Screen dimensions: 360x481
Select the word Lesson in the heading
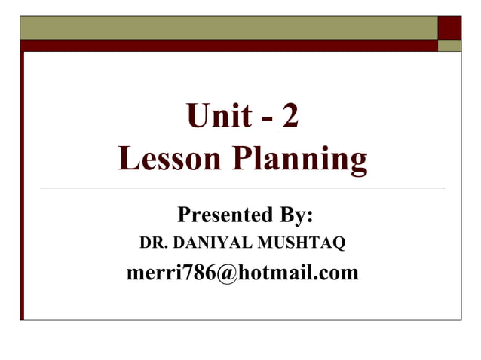tap(167, 159)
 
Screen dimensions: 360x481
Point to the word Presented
tap(219, 216)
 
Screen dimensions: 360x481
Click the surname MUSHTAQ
tap(300, 244)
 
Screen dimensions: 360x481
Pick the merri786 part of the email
tap(171, 272)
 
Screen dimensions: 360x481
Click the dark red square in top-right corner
tap(450, 27)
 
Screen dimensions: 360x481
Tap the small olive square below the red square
tap(450, 46)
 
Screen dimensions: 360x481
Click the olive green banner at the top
tap(226, 27)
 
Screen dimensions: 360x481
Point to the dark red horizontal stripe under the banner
tap(226, 46)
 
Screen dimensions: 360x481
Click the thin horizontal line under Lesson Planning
tap(241, 187)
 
